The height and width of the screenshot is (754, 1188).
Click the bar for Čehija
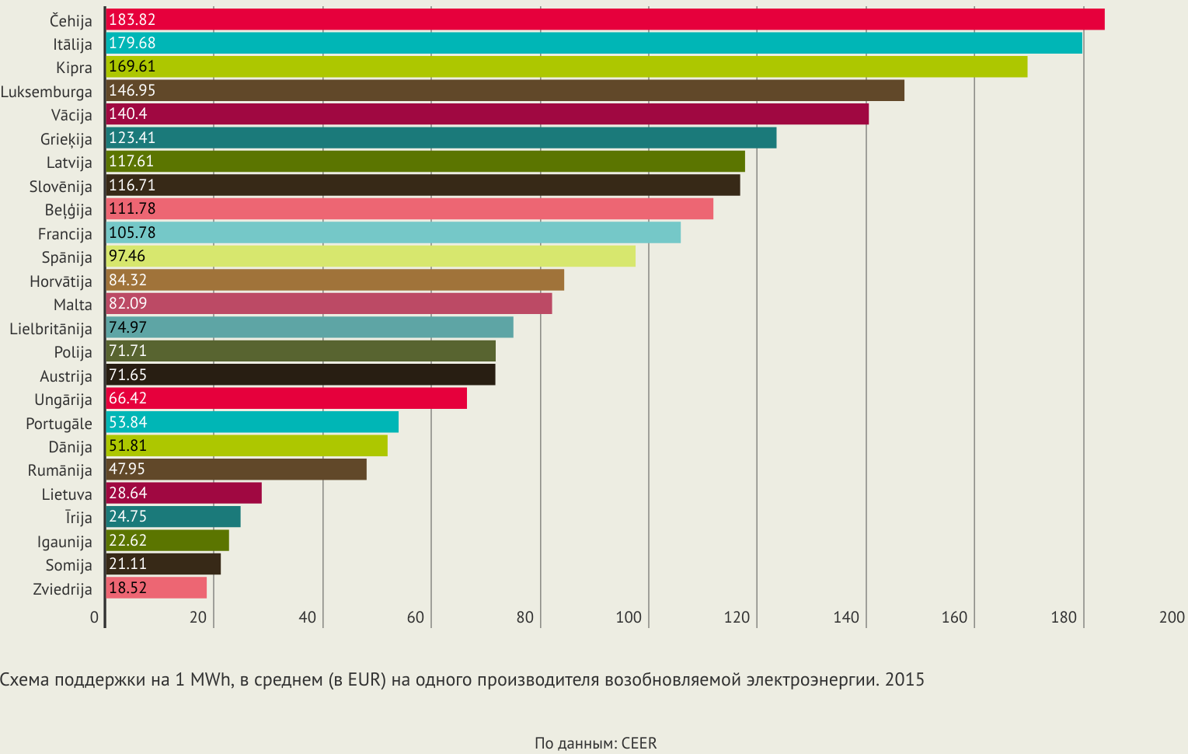tap(604, 19)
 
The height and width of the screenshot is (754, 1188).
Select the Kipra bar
tap(566, 67)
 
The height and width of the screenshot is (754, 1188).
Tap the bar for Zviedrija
tap(155, 588)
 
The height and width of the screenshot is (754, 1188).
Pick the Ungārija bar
tap(286, 398)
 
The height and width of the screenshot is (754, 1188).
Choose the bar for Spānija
tap(370, 256)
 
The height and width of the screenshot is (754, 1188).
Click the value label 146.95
tap(132, 90)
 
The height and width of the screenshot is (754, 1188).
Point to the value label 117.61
tap(131, 161)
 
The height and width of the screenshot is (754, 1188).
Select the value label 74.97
tap(127, 327)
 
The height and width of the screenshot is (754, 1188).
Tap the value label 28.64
tap(127, 493)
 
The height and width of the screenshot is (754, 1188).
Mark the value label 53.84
tap(127, 422)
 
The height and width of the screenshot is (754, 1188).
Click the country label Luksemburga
tap(47, 92)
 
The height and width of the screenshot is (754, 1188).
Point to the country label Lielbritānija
tap(51, 329)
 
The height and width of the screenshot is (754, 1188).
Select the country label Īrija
tap(78, 518)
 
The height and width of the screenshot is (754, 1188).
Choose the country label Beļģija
tap(68, 210)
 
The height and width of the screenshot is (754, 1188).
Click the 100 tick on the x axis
tap(629, 617)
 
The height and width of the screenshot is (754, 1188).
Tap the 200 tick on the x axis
tap(1172, 617)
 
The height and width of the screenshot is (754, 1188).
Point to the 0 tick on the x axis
tap(95, 617)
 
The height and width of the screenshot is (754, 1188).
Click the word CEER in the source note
tap(639, 743)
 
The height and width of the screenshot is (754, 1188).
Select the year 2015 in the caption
tap(904, 680)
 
